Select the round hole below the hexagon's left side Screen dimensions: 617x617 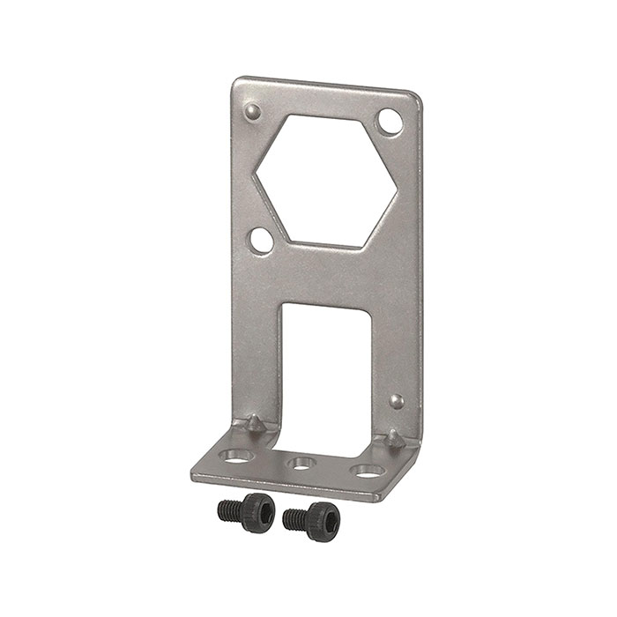click(x=261, y=238)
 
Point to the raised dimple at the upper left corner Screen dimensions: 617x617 click(x=253, y=111)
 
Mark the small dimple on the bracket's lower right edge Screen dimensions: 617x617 click(x=398, y=402)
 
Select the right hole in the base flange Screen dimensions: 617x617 click(x=363, y=471)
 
